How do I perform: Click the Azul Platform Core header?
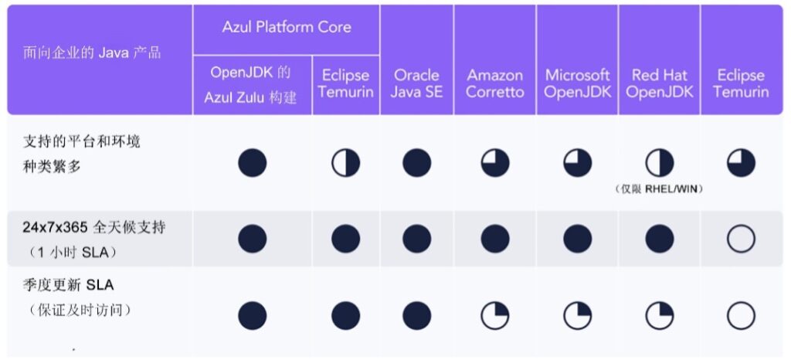click(x=286, y=27)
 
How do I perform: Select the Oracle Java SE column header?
click(x=416, y=83)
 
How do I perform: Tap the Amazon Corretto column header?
click(x=495, y=83)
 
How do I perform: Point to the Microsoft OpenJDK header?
click(x=577, y=83)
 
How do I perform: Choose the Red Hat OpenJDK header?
click(x=659, y=83)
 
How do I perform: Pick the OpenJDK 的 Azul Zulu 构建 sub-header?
click(x=252, y=85)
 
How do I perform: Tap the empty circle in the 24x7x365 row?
click(x=741, y=239)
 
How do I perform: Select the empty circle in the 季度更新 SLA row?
click(x=741, y=316)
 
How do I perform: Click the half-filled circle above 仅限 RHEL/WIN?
click(x=659, y=163)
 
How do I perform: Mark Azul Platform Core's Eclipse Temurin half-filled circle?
click(x=345, y=163)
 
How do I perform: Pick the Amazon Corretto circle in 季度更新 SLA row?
click(x=495, y=316)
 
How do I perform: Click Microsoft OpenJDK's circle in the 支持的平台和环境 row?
click(x=577, y=163)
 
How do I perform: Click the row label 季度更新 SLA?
click(x=69, y=286)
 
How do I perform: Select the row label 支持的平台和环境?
click(x=82, y=142)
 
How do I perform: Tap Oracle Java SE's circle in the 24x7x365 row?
click(x=416, y=239)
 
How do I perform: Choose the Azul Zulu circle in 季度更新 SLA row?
click(x=252, y=316)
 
